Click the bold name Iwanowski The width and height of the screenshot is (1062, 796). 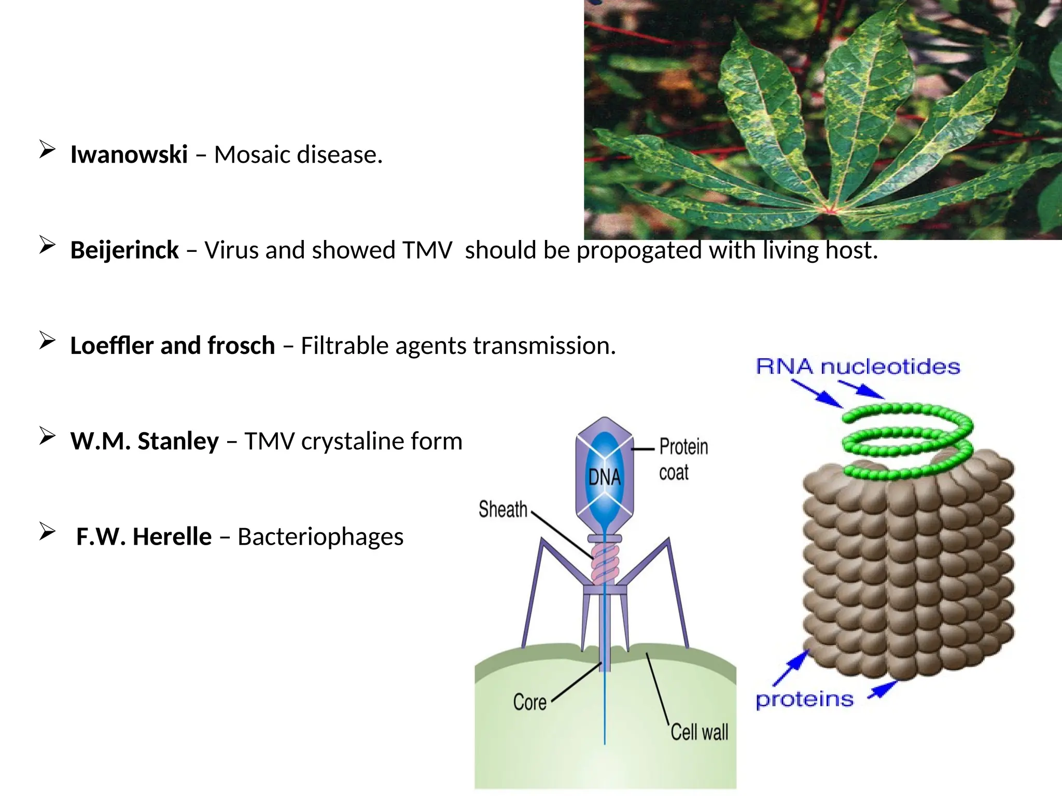click(x=129, y=154)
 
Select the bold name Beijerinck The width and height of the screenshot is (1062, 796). click(x=124, y=250)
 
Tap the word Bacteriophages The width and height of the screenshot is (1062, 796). click(x=320, y=537)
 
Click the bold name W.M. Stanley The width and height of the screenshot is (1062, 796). click(x=145, y=441)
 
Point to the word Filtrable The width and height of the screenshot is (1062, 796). click(x=344, y=346)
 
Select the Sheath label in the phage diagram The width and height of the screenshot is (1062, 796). click(x=502, y=509)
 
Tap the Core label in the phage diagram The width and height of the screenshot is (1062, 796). click(x=529, y=702)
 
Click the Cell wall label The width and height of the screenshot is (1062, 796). click(x=699, y=732)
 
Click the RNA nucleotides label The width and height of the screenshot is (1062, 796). click(x=858, y=366)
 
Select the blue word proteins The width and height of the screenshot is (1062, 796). click(x=804, y=700)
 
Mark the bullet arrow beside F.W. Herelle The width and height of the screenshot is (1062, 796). click(x=47, y=532)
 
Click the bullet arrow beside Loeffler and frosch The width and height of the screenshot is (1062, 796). click(x=47, y=341)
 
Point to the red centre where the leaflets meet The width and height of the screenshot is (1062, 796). click(x=830, y=210)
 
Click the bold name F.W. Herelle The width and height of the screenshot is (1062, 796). click(x=144, y=537)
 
